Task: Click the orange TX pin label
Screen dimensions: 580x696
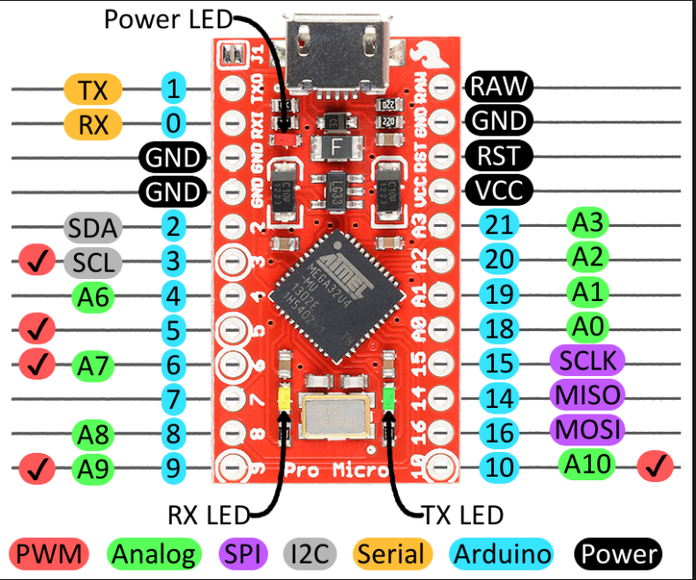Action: (x=92, y=90)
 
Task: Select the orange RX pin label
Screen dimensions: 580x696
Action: (x=92, y=124)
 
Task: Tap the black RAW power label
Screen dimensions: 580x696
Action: (x=498, y=87)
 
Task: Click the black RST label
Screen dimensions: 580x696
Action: (x=498, y=156)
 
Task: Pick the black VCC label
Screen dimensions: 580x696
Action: (x=498, y=191)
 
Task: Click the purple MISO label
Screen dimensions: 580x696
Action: (x=586, y=395)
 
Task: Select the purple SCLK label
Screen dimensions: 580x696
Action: (x=586, y=360)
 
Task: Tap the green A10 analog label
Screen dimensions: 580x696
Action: (x=586, y=464)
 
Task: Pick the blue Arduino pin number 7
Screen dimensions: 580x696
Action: (x=173, y=399)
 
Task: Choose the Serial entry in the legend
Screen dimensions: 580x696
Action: (x=391, y=553)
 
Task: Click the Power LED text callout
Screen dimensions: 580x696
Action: (x=168, y=18)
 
